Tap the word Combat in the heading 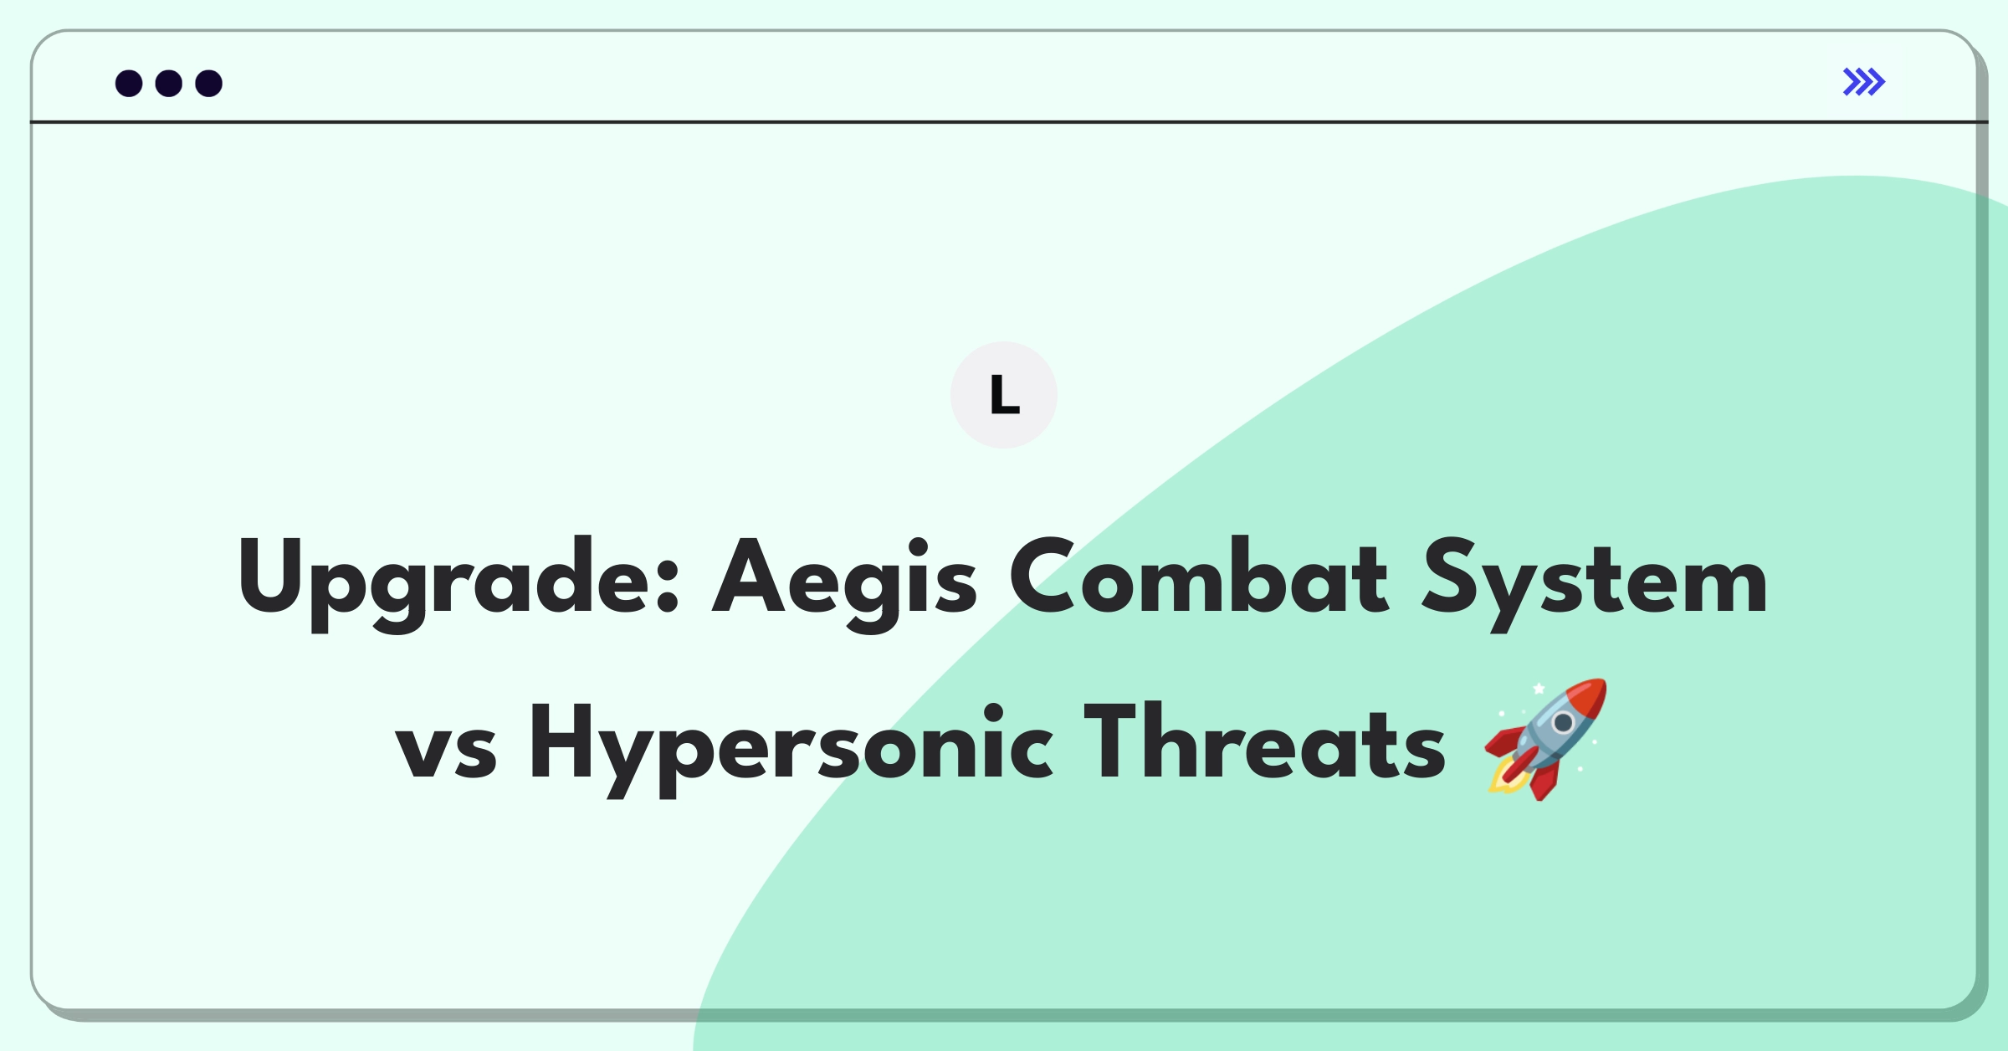[x=1198, y=577]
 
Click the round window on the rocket [x=1563, y=722]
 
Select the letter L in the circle [x=1004, y=395]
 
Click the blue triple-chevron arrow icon [x=1863, y=82]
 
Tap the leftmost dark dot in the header [x=129, y=84]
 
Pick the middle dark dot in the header [x=169, y=84]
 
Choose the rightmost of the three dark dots [x=209, y=84]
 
